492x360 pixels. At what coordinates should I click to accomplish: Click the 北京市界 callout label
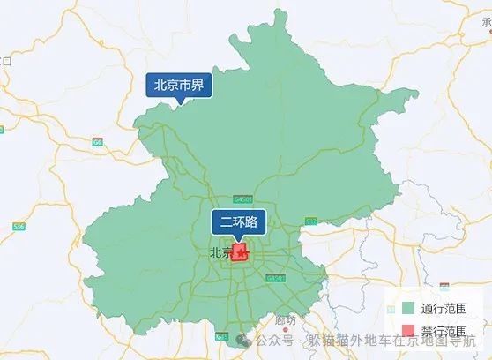click(x=179, y=86)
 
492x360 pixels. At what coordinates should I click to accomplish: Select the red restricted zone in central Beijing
click(x=240, y=253)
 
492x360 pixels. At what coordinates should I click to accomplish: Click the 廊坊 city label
click(x=286, y=319)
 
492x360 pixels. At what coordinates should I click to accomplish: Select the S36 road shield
click(x=19, y=227)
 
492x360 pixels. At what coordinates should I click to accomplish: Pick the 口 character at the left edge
click(x=6, y=60)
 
